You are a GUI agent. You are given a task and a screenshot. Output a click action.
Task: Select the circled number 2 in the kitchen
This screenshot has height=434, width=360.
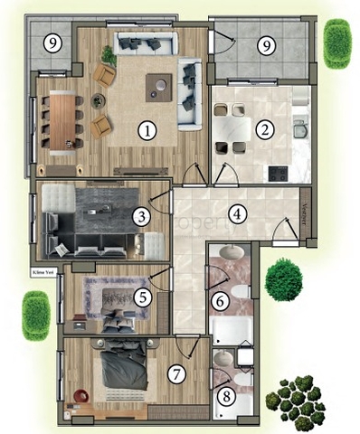click(264, 129)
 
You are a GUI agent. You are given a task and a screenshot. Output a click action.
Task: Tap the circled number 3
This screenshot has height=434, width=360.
click(141, 216)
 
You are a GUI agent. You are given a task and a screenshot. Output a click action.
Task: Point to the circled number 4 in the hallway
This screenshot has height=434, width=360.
click(237, 214)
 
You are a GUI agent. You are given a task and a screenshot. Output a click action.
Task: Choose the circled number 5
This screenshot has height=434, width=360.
click(141, 295)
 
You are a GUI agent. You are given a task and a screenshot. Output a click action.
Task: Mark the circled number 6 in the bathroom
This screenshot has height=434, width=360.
click(219, 300)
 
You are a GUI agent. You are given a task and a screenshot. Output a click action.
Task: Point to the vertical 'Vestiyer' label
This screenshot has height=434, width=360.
click(306, 214)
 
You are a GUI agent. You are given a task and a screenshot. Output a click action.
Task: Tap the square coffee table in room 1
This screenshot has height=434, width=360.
click(160, 87)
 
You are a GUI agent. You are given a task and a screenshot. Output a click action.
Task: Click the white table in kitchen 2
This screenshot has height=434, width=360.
click(232, 127)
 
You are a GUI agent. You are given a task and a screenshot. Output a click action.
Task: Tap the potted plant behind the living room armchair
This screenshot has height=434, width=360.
click(109, 55)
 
